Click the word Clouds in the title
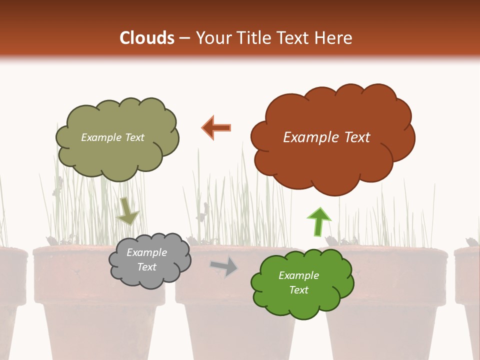[147, 38]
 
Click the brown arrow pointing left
[216, 127]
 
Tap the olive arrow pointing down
[127, 211]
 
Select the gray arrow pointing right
[224, 266]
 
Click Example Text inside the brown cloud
[326, 137]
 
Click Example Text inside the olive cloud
[112, 137]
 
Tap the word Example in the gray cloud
[146, 252]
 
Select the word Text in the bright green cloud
[298, 290]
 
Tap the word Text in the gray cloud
[146, 267]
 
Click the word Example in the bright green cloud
[298, 275]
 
